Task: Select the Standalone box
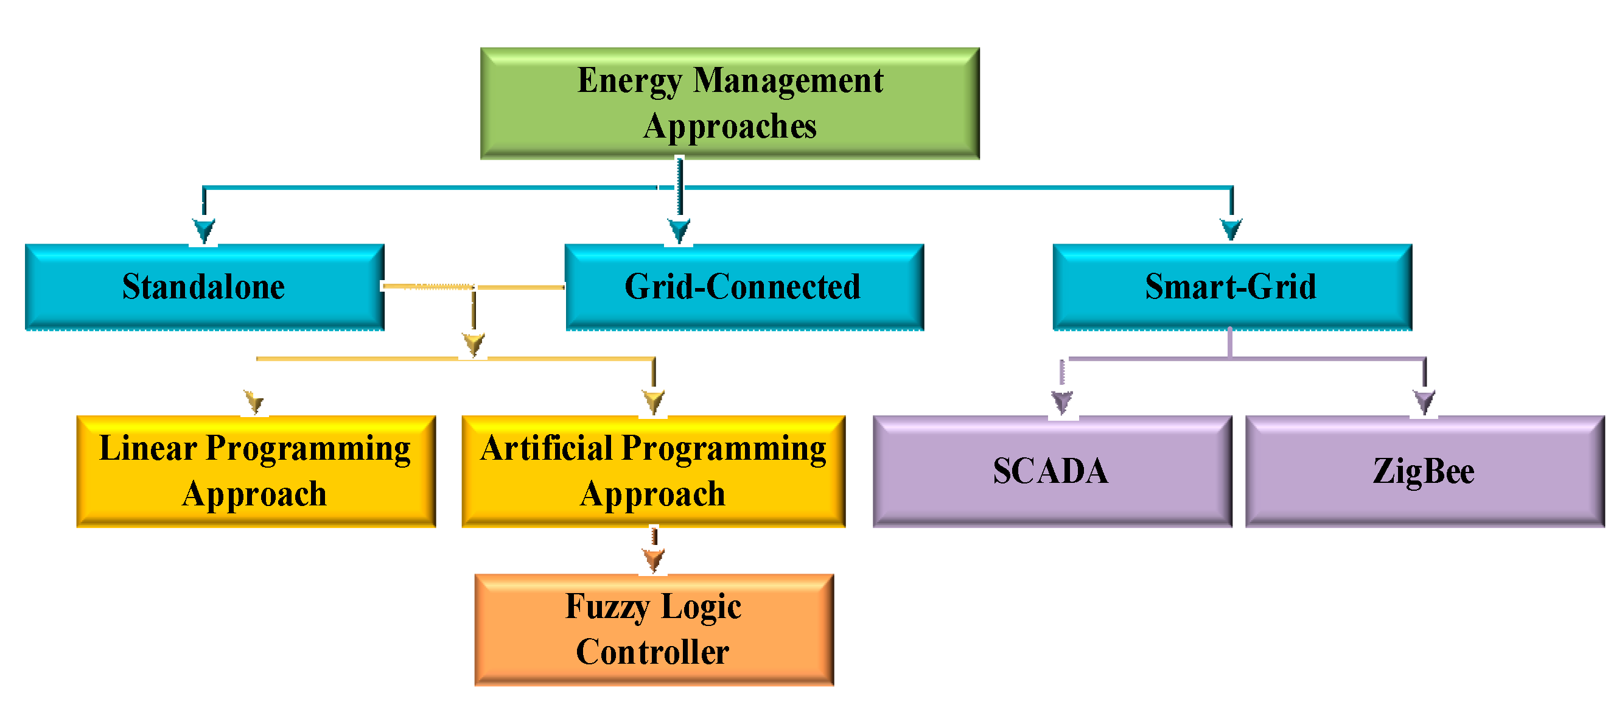[x=204, y=287]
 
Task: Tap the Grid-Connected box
[x=744, y=287]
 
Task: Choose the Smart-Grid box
[x=1232, y=287]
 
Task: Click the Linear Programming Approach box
[x=256, y=471]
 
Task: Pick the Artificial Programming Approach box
[x=653, y=471]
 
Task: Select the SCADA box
[x=1052, y=471]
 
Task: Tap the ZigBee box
[x=1424, y=471]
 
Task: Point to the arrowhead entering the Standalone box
[x=204, y=230]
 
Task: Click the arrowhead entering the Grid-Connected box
[x=679, y=231]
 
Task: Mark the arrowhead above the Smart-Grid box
[x=1231, y=228]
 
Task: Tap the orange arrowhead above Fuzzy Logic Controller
[x=654, y=559]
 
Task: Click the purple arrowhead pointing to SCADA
[x=1062, y=401]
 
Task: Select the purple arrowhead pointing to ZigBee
[x=1424, y=401]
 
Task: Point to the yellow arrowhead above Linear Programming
[x=254, y=401]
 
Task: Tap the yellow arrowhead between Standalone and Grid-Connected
[x=474, y=344]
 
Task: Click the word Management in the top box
[x=788, y=80]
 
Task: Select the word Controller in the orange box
[x=652, y=652]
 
